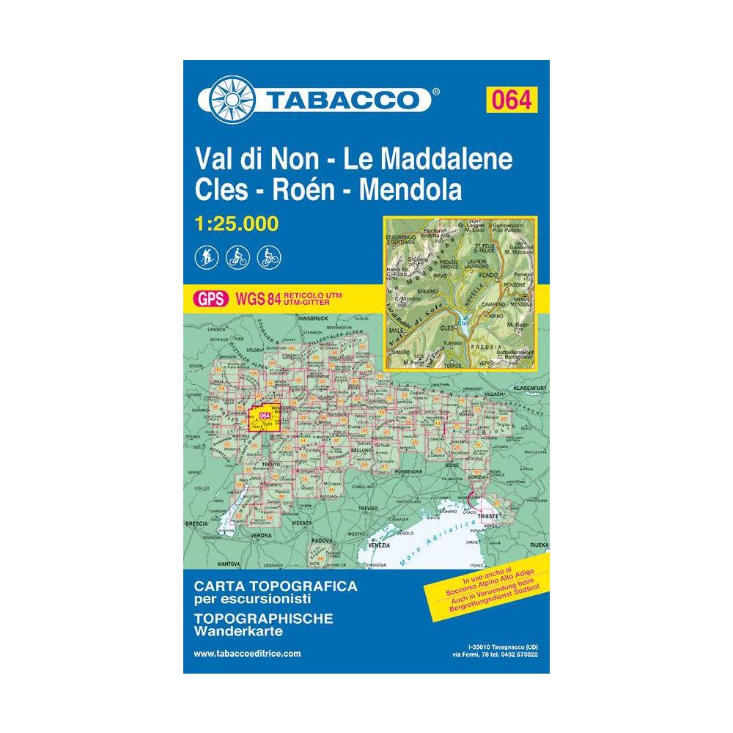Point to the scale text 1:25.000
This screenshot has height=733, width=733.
pos(237,224)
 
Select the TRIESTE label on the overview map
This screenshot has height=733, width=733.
pos(488,516)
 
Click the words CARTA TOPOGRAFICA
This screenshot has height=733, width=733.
pos(276,586)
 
